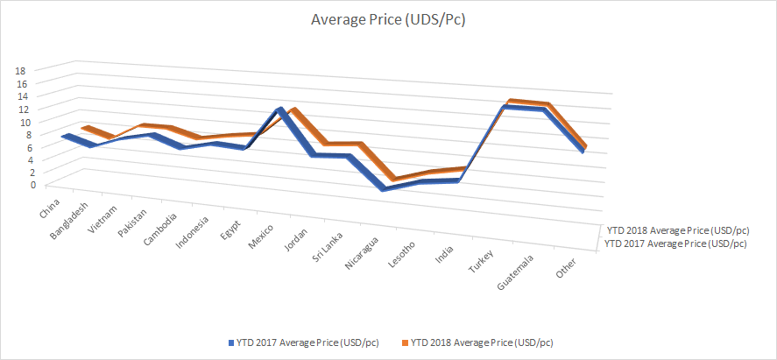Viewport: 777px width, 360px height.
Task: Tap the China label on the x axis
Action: tap(49, 210)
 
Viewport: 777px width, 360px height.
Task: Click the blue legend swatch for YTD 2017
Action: tap(230, 342)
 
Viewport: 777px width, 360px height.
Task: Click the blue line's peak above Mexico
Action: tap(279, 110)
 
